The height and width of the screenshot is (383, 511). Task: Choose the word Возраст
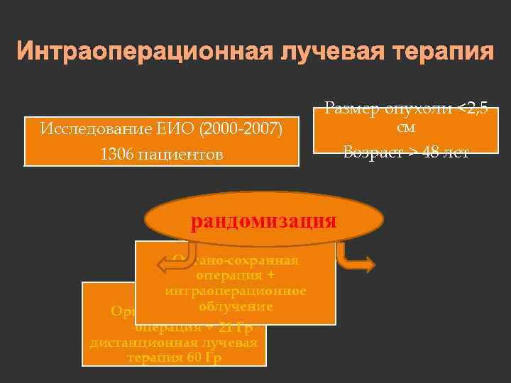369,152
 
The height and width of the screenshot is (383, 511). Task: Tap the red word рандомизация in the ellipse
263,221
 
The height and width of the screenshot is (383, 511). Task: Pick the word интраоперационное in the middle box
236,291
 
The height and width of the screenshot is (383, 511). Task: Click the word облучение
236,306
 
